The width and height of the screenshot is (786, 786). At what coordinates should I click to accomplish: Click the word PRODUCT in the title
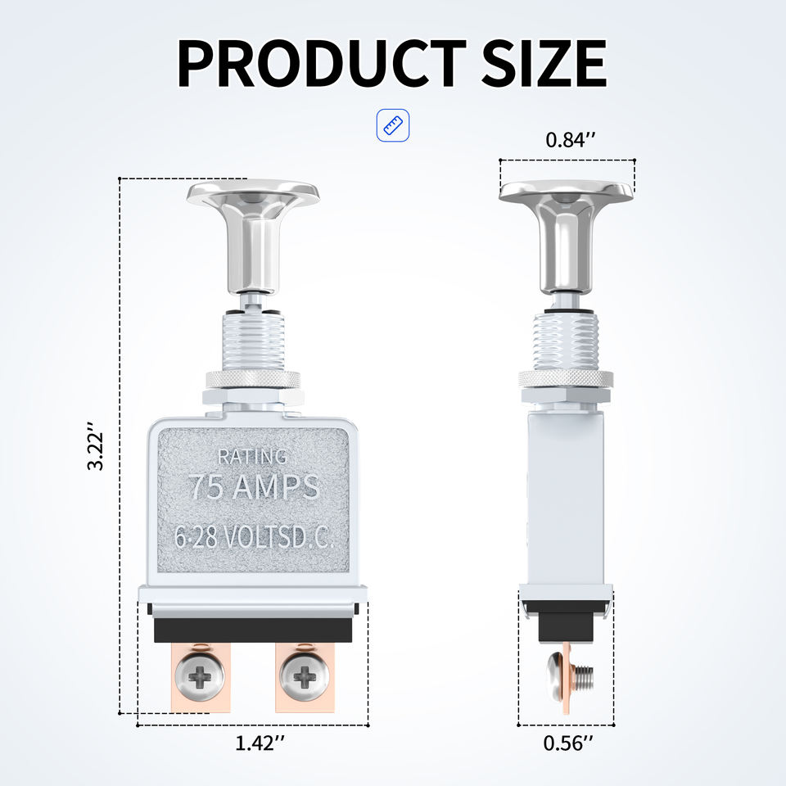point(321,63)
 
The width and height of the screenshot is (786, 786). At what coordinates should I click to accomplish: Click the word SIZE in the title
point(544,63)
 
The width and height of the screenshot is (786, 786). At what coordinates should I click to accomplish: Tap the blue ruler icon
point(393,125)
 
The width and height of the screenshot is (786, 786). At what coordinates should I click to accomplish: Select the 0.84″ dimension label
point(571,140)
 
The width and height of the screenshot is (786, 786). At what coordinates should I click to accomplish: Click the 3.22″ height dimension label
point(95,445)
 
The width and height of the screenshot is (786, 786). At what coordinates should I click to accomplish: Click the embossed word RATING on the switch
point(253,457)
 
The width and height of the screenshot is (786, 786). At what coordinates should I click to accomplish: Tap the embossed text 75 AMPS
point(255,486)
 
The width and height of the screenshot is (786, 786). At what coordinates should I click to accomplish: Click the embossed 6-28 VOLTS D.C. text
point(254,537)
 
